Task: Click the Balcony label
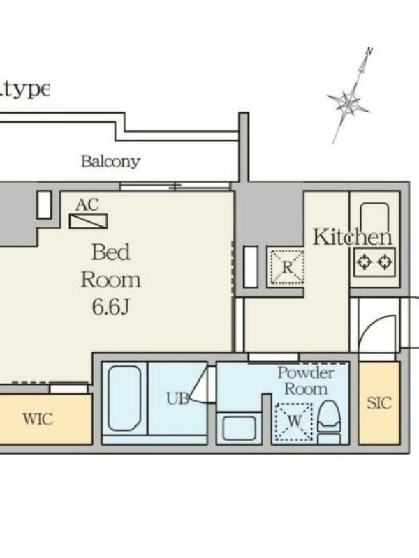pos(110,162)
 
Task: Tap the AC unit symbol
pos(88,221)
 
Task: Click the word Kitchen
pos(352,237)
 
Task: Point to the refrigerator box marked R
pos(287,267)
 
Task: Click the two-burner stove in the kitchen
pos(374,262)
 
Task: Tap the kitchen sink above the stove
pos(374,217)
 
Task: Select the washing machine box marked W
pos(294,422)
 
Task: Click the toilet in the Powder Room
pos(328,422)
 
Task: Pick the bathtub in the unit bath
pos(124,398)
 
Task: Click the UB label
pos(177,398)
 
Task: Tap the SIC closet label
pos(379,403)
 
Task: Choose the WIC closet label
pos(38,419)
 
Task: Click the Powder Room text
pos(306,380)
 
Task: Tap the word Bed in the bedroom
pos(111,252)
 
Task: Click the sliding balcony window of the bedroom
pos(175,186)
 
